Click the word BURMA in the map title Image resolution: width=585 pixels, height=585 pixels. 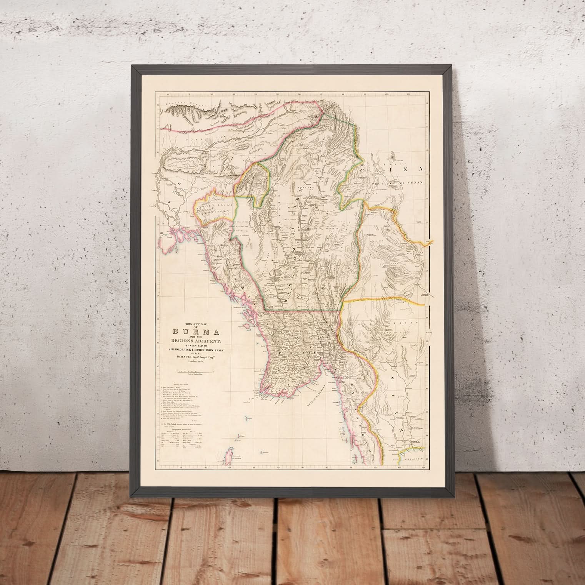(190, 332)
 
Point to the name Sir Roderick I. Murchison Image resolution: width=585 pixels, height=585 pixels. (190, 350)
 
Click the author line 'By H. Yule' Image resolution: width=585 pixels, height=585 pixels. (190, 357)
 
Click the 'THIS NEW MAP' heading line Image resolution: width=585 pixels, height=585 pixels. (190, 323)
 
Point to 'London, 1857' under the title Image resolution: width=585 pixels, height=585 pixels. (190, 362)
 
